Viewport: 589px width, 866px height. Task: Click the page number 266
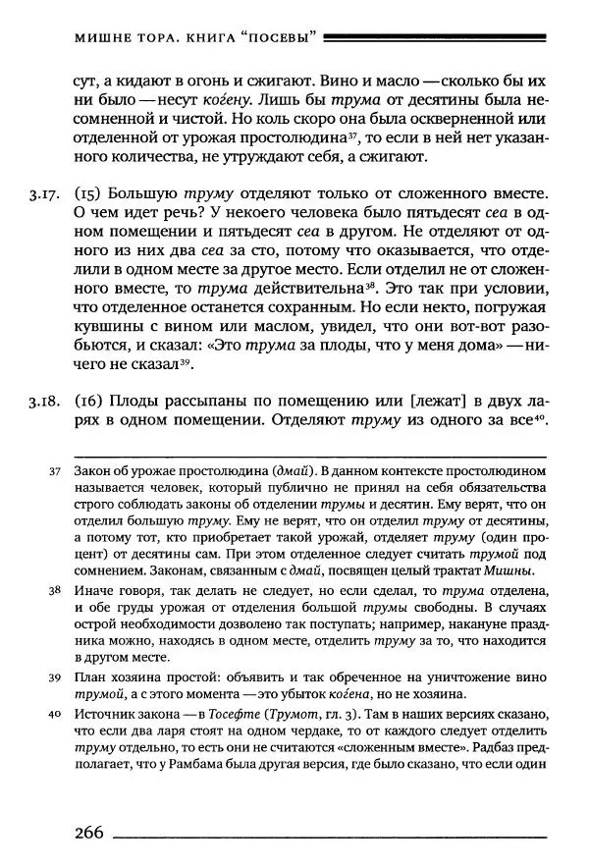click(x=87, y=833)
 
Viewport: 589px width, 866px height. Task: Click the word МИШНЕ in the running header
click(x=102, y=38)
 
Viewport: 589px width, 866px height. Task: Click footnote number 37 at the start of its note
click(x=55, y=472)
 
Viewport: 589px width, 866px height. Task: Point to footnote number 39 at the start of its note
click(x=55, y=677)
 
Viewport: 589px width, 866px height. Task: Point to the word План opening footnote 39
click(x=90, y=677)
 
